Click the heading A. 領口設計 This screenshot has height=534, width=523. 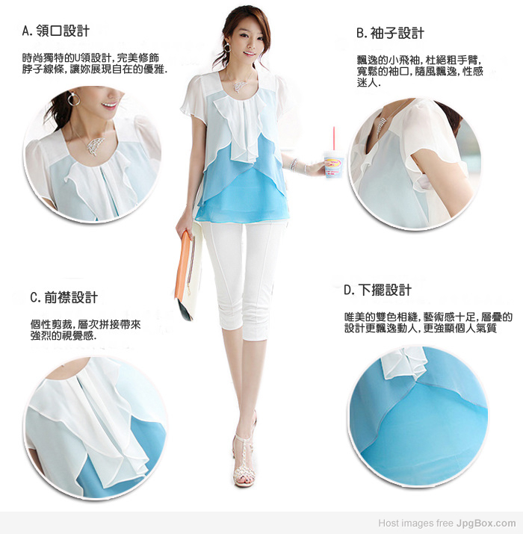coord(56,31)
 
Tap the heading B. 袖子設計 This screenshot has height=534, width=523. coord(391,33)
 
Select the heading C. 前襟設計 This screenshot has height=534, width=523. coord(64,297)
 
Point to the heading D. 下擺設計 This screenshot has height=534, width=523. coord(378,291)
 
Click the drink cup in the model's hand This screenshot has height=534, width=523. coord(333,164)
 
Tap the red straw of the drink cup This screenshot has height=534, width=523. coord(334,139)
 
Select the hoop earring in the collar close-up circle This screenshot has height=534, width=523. coord(73,99)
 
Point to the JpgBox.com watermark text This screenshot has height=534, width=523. coord(486,523)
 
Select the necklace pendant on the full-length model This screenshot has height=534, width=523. coord(241,86)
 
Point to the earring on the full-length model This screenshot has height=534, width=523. coord(227,48)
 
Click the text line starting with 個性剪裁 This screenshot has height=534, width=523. coord(85,324)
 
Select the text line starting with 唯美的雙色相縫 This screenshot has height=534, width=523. coord(428,317)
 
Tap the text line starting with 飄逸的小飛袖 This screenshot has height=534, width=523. coord(419,60)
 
